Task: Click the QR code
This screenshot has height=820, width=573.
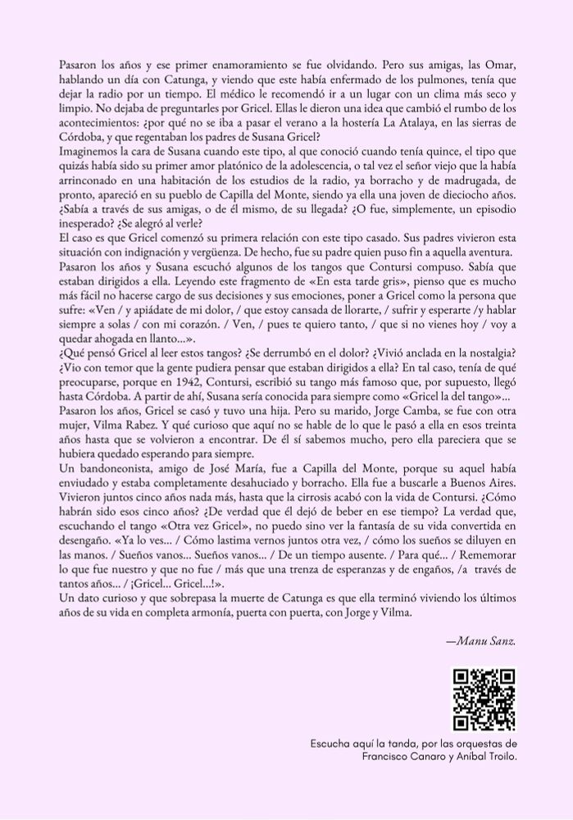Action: point(484,699)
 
